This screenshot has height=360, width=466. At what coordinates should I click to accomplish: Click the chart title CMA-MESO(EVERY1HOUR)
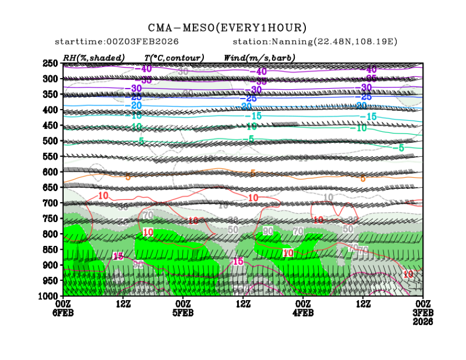click(227, 28)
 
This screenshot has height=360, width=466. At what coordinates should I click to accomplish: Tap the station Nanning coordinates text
click(315, 42)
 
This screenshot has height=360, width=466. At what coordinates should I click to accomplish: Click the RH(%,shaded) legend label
click(94, 58)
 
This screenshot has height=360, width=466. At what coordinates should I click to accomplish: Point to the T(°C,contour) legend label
click(174, 58)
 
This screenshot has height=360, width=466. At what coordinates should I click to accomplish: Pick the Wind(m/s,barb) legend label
click(259, 58)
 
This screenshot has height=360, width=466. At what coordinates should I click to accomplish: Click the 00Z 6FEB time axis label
click(63, 308)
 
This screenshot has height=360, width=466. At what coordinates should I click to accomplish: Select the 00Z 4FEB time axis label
click(303, 308)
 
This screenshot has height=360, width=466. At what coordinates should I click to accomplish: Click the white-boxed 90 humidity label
click(268, 230)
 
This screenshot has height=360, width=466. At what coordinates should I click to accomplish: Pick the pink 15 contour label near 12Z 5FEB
click(238, 261)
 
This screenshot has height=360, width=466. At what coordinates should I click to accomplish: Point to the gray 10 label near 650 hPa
click(328, 197)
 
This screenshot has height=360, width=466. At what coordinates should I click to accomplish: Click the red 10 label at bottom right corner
click(408, 274)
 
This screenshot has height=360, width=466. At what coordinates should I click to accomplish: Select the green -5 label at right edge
click(398, 148)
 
